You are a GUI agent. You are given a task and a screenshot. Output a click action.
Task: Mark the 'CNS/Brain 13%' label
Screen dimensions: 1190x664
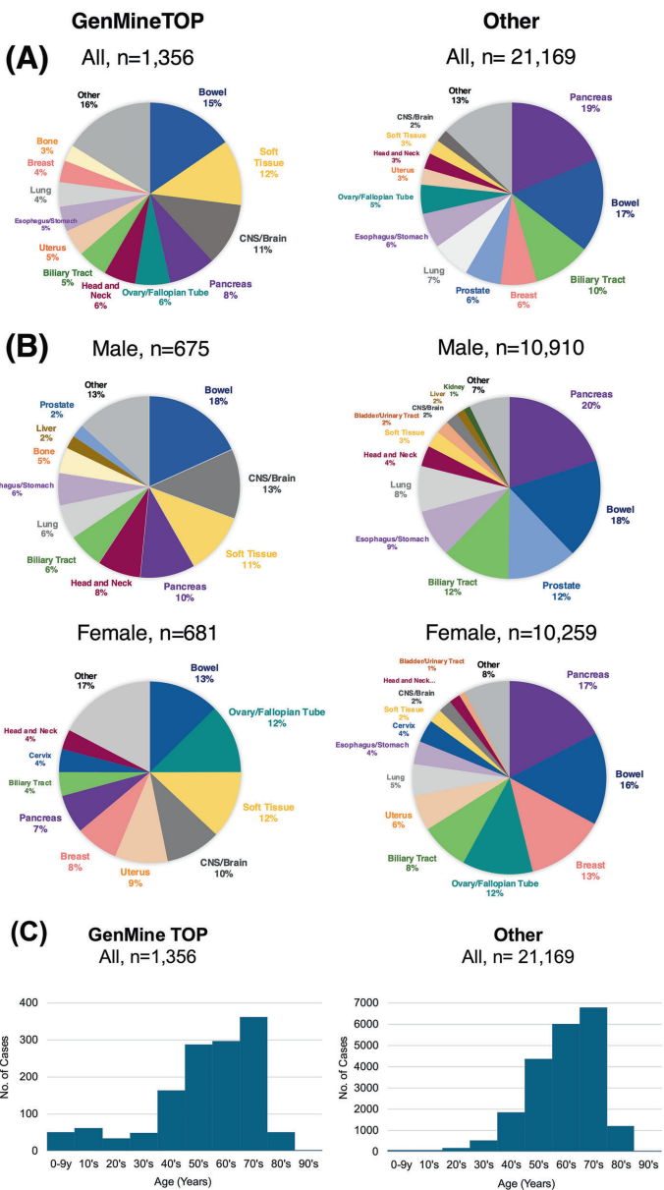[271, 486]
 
